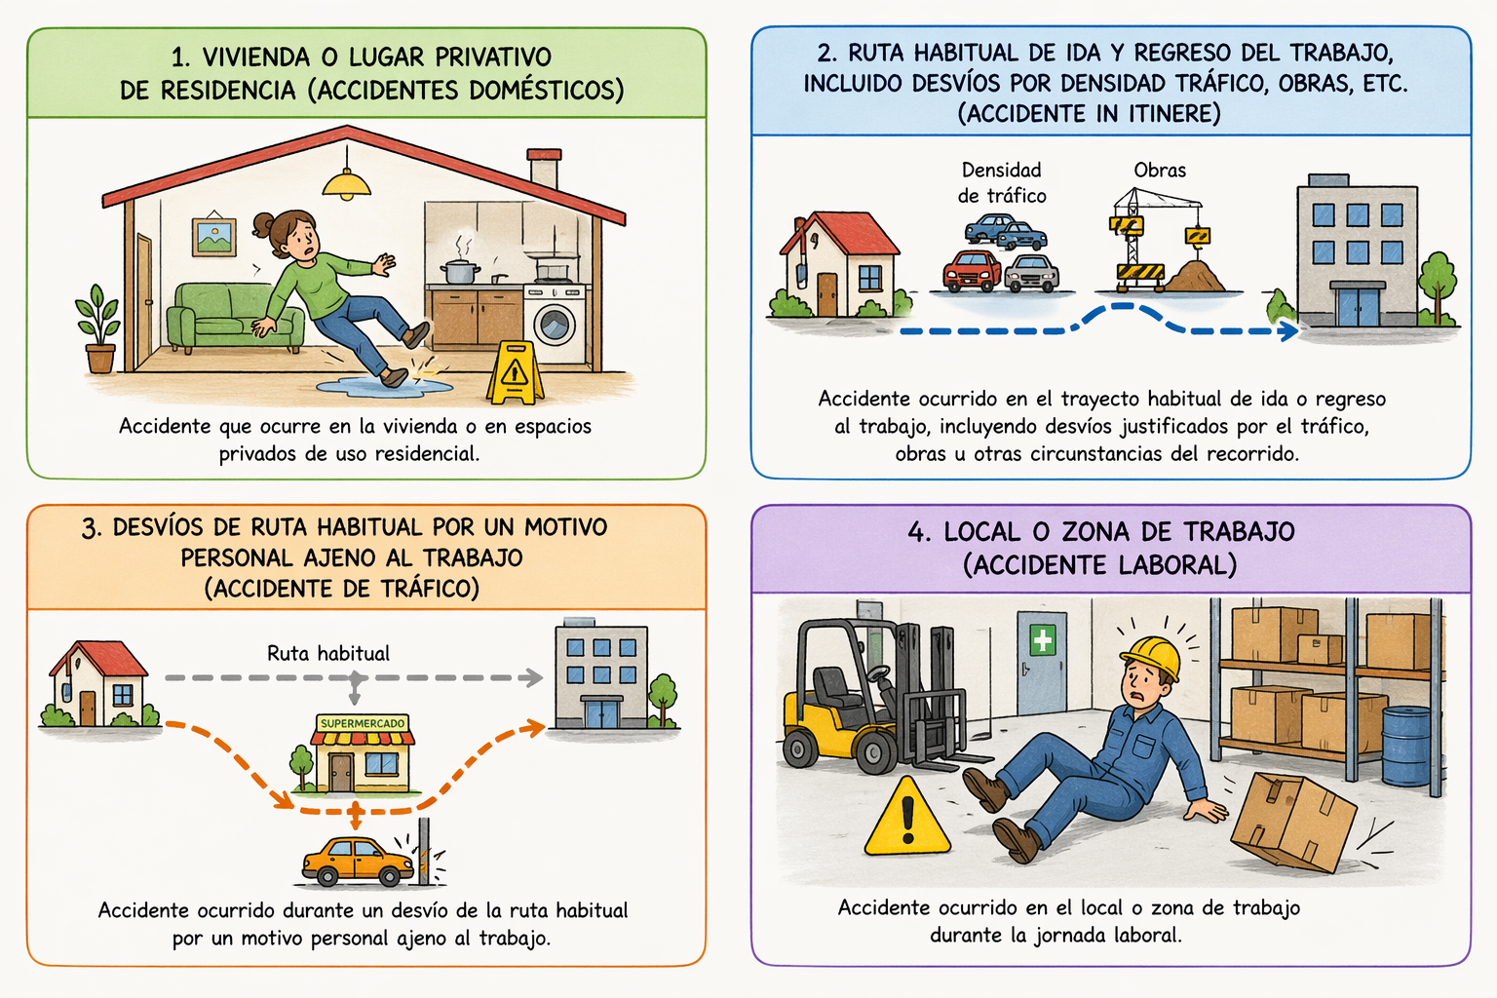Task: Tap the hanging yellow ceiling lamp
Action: [347, 184]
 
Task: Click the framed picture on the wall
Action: [213, 235]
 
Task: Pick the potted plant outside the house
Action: [98, 328]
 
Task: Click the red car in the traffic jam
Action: [972, 271]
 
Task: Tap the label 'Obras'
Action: [1160, 171]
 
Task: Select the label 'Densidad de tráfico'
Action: [1001, 182]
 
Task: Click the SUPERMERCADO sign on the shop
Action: [363, 723]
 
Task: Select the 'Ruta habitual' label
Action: [328, 653]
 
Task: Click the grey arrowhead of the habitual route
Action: [533, 677]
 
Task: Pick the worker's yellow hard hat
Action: [1151, 657]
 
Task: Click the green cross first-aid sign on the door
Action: [1042, 640]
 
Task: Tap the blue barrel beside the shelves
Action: [1406, 746]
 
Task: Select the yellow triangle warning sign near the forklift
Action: [907, 817]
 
